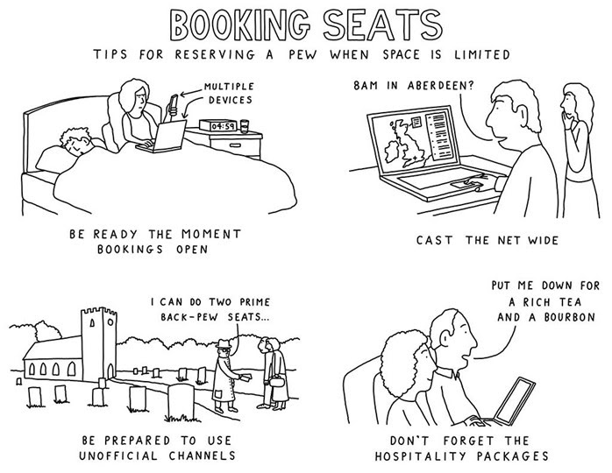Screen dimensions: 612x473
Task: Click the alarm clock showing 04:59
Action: tap(218, 125)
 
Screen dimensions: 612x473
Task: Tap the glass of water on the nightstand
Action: tap(245, 126)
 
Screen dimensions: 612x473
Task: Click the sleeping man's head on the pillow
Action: tap(77, 141)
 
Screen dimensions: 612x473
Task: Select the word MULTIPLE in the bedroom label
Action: tap(229, 86)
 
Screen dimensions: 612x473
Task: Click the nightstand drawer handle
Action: tap(235, 145)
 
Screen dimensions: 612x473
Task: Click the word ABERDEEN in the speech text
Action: tap(440, 85)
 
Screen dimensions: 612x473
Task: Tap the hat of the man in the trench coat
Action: tap(224, 343)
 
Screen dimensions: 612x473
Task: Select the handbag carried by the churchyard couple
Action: tap(276, 380)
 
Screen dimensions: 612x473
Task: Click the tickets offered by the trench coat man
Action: tap(246, 377)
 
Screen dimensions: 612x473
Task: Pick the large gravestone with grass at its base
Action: tap(181, 402)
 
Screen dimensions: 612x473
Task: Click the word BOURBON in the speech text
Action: tap(569, 317)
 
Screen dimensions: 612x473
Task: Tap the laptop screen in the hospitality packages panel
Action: tap(514, 401)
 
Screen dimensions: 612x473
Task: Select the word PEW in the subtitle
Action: tap(302, 54)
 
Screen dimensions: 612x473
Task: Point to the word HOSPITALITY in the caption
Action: tap(420, 455)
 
